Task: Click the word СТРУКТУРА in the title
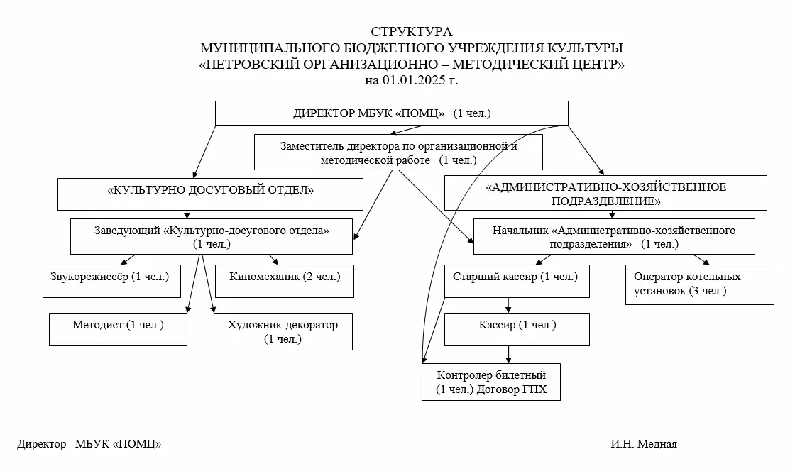pyautogui.click(x=411, y=32)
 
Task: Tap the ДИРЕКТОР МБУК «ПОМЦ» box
pyautogui.click(x=391, y=113)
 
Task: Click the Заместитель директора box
pyautogui.click(x=398, y=153)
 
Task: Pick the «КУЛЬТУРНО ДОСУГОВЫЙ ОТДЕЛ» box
pyautogui.click(x=210, y=193)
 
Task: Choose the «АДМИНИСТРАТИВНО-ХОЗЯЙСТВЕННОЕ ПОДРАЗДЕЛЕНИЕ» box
pyautogui.click(x=605, y=194)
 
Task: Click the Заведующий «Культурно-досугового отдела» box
pyautogui.click(x=212, y=236)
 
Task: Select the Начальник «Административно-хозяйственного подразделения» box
pyautogui.click(x=613, y=237)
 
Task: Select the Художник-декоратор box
pyautogui.click(x=283, y=331)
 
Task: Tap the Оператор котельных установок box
pyautogui.click(x=699, y=284)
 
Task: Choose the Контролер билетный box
pyautogui.click(x=491, y=382)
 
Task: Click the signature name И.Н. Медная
pyautogui.click(x=643, y=444)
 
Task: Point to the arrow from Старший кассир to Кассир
pyautogui.click(x=508, y=305)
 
